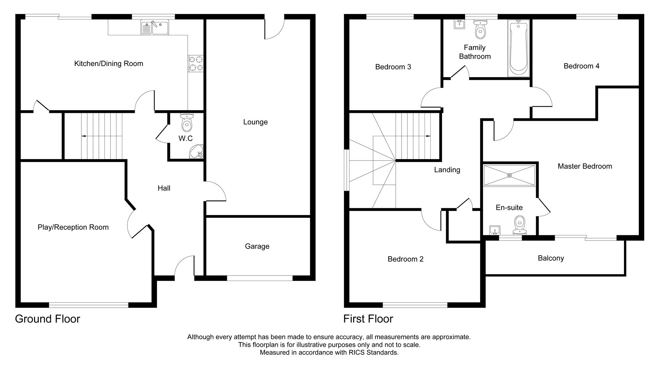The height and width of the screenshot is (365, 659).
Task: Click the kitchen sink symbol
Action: click(x=155, y=27)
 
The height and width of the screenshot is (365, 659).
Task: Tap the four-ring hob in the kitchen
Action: click(x=196, y=63)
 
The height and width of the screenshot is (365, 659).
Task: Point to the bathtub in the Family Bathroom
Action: click(x=518, y=48)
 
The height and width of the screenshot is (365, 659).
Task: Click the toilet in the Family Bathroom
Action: click(x=480, y=30)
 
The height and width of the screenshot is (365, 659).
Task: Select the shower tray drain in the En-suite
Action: click(x=509, y=175)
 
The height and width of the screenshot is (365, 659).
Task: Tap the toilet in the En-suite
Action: click(x=519, y=225)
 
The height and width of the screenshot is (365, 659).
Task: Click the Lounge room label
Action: click(x=255, y=122)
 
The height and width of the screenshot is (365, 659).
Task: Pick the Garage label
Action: click(x=257, y=246)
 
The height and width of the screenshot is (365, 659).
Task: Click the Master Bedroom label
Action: click(x=585, y=166)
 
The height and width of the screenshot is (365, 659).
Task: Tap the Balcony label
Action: click(x=551, y=258)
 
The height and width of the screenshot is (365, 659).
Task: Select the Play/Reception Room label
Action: click(x=73, y=227)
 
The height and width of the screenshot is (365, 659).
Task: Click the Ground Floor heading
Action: click(x=47, y=319)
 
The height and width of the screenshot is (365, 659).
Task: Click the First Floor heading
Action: click(x=368, y=319)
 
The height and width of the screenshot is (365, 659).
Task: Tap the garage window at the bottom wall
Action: click(x=259, y=278)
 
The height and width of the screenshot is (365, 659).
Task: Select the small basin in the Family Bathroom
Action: click(x=459, y=24)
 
